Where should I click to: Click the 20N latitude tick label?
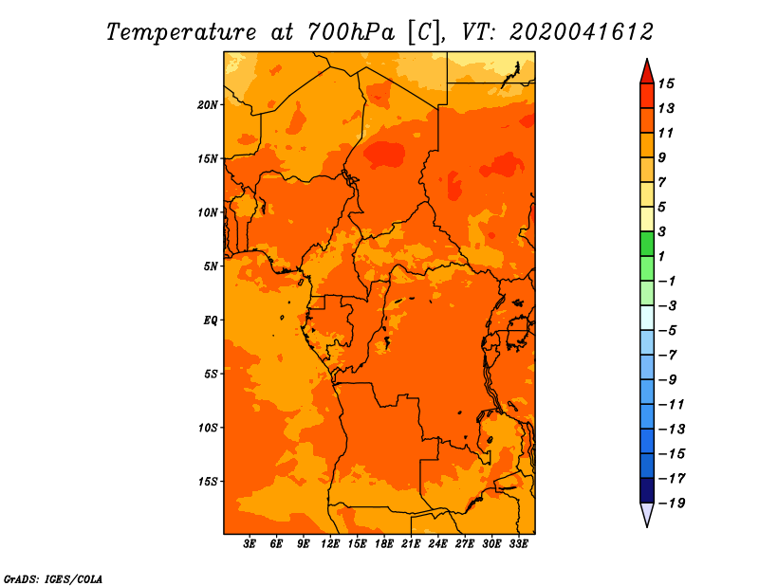pos(207,105)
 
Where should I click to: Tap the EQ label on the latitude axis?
pos(210,320)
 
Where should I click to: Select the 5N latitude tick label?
pos(211,266)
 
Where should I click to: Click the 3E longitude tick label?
pos(250,544)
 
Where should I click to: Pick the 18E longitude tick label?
pos(384,544)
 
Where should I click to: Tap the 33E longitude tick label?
pos(518,544)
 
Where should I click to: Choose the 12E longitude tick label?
pos(330,544)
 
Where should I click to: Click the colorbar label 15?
pos(666,83)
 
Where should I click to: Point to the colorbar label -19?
pos(672,504)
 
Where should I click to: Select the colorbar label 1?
pos(661,256)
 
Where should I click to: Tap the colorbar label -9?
pos(668,380)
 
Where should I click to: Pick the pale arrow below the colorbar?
pos(647,513)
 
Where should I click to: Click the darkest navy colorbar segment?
pos(647,490)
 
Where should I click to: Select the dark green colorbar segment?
pos(647,244)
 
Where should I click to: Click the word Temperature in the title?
pos(181,32)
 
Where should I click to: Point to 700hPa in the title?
pos(350,32)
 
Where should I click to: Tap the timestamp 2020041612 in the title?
pos(582,32)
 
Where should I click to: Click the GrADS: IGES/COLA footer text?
pos(53,579)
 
